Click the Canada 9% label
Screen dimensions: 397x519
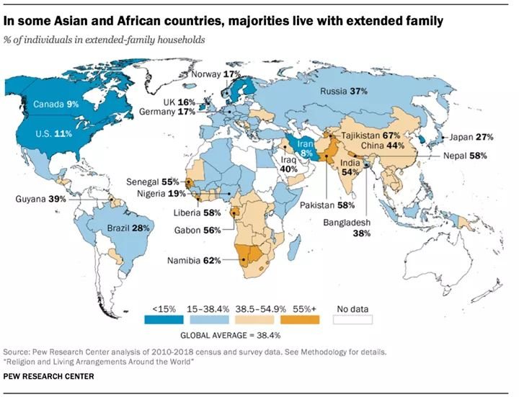(56, 104)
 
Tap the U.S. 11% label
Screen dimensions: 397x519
(54, 134)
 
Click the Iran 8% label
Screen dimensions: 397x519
(306, 148)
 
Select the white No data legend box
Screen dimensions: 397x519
(352, 318)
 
